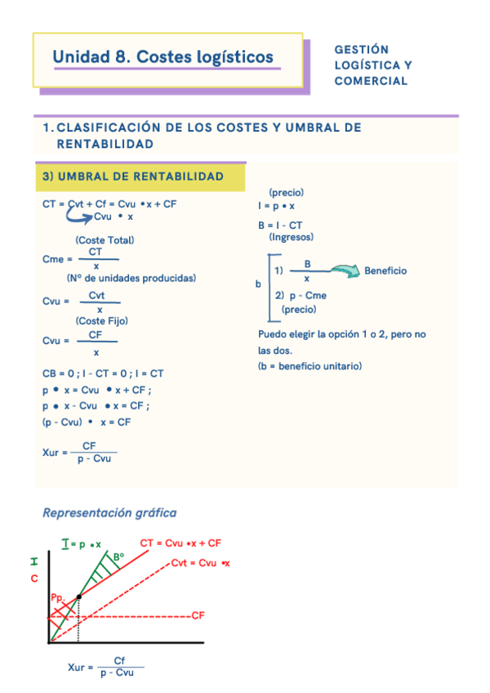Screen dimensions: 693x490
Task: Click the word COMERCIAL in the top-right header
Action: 371,81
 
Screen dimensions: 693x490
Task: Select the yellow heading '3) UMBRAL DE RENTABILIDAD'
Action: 132,177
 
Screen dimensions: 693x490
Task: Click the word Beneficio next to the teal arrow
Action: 385,270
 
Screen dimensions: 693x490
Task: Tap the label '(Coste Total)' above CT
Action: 105,240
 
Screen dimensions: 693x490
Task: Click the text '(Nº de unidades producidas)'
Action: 131,278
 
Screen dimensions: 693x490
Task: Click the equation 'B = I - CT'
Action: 280,225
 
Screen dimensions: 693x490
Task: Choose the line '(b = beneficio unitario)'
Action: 310,366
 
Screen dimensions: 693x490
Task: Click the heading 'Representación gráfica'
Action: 109,513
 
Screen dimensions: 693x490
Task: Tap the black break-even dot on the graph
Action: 78,597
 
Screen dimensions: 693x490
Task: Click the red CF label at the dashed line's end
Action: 197,615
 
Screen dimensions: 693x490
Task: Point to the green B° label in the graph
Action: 118,557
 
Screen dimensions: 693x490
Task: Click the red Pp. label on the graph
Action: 57,598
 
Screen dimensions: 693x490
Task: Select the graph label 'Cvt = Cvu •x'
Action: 201,563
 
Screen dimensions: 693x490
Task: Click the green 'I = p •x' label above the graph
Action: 81,543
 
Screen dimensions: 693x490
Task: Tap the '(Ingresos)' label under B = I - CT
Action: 291,236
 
